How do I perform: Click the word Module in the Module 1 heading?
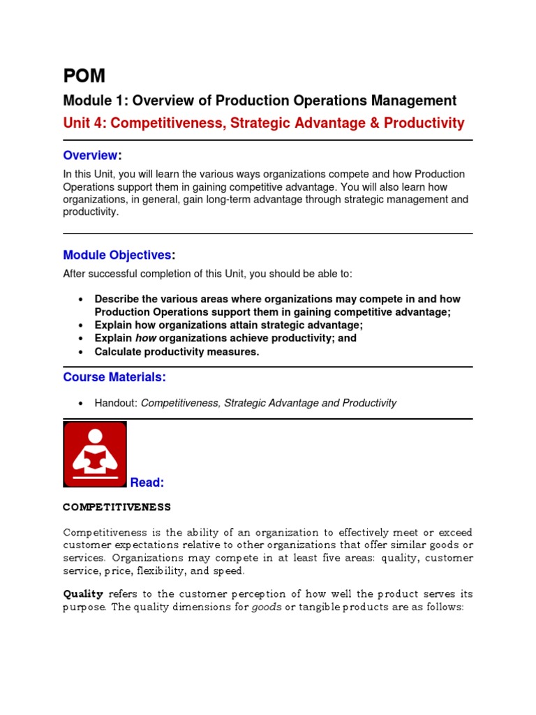[86, 101]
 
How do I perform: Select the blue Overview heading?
[90, 154]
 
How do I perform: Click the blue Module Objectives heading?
[117, 255]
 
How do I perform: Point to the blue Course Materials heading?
[114, 377]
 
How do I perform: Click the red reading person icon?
[95, 454]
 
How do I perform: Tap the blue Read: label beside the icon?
[147, 482]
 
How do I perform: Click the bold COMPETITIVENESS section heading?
[117, 506]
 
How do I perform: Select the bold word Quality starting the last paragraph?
[83, 594]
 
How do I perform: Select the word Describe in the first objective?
[117, 299]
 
